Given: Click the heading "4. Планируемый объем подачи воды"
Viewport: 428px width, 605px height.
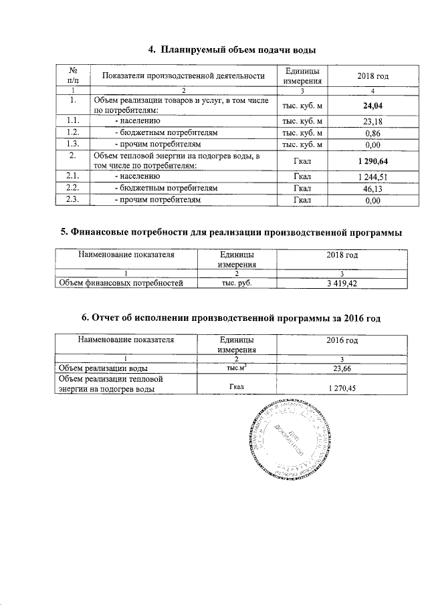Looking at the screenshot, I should [231, 49].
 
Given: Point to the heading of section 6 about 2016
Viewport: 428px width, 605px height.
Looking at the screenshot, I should [231, 318].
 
